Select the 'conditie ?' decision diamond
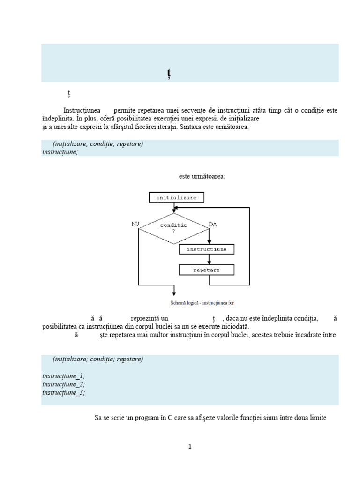[x=173, y=228]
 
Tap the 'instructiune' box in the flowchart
[x=206, y=249]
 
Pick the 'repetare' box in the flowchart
[x=206, y=270]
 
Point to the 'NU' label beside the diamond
[x=135, y=225]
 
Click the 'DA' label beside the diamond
[x=212, y=225]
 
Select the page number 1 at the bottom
[x=190, y=446]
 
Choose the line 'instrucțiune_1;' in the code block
[x=64, y=376]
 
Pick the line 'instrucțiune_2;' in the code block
[x=64, y=384]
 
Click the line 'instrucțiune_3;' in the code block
[x=64, y=393]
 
